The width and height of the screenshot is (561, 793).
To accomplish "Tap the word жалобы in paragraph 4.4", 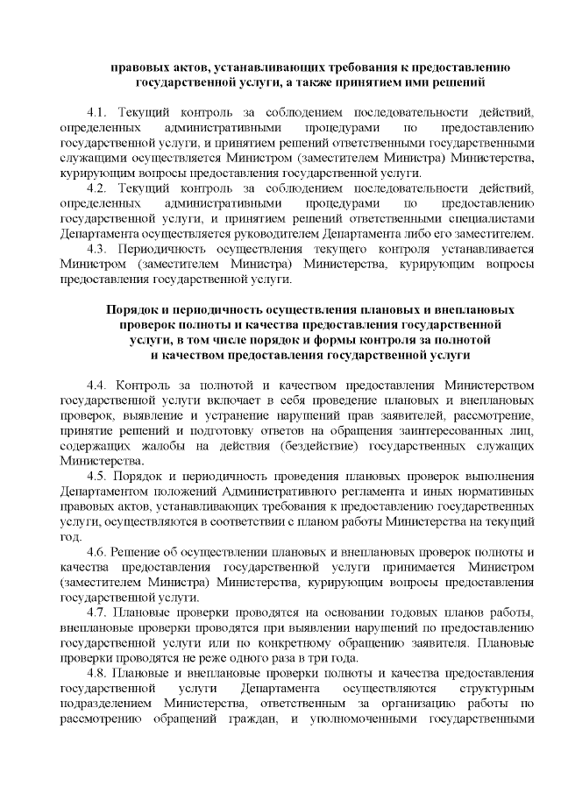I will tap(162, 445).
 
